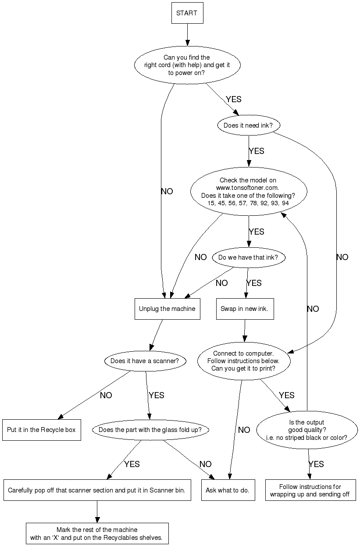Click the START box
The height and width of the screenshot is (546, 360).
pos(187,13)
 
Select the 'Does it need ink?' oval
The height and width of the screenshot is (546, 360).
pos(248,125)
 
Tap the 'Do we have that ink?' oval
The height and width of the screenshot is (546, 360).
pos(248,257)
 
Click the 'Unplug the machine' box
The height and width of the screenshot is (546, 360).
pos(167,309)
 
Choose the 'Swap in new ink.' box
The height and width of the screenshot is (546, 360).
pos(245,309)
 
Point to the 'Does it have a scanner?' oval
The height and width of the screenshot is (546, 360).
pos(145,361)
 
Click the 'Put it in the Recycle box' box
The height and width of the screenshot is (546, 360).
pos(41,430)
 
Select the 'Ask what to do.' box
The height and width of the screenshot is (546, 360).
pos(228,490)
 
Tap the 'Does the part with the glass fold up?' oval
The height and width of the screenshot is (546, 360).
pos(150,430)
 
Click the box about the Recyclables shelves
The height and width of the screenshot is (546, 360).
pos(97,534)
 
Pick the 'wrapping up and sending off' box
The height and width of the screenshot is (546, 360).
pos(310,490)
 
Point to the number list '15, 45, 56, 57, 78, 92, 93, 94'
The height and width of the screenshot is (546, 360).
pos(248,203)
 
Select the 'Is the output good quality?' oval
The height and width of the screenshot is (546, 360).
pos(307,430)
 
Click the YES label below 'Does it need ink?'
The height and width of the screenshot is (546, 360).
pos(257,151)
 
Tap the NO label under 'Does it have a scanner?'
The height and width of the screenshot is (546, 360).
pos(106,395)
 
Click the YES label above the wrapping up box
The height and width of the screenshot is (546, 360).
pos(316,464)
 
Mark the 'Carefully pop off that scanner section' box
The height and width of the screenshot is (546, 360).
pos(96,490)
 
